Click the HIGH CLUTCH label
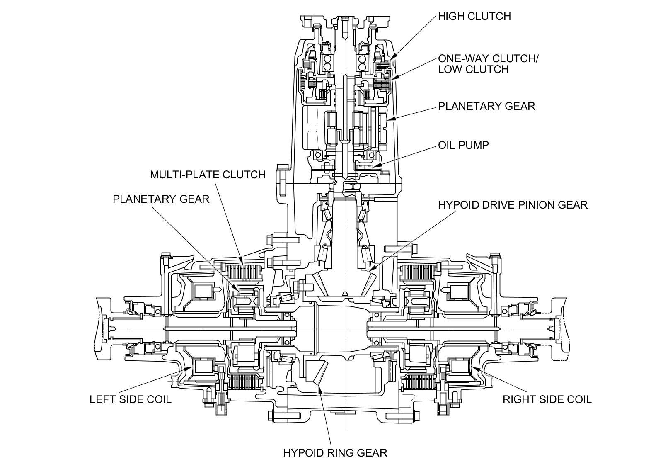click(x=474, y=16)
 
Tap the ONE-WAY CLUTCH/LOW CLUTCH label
click(x=488, y=64)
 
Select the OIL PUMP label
click(x=463, y=145)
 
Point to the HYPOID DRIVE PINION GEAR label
click(x=513, y=205)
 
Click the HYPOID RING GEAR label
click(x=335, y=453)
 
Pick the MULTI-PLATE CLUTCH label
click(x=208, y=175)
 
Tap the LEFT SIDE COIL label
click(x=131, y=399)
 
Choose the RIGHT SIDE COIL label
click(x=547, y=399)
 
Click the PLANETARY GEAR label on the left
click(x=161, y=199)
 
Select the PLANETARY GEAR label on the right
click(x=486, y=106)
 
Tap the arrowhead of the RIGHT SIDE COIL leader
click(x=473, y=368)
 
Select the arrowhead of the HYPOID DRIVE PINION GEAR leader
click(x=372, y=268)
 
